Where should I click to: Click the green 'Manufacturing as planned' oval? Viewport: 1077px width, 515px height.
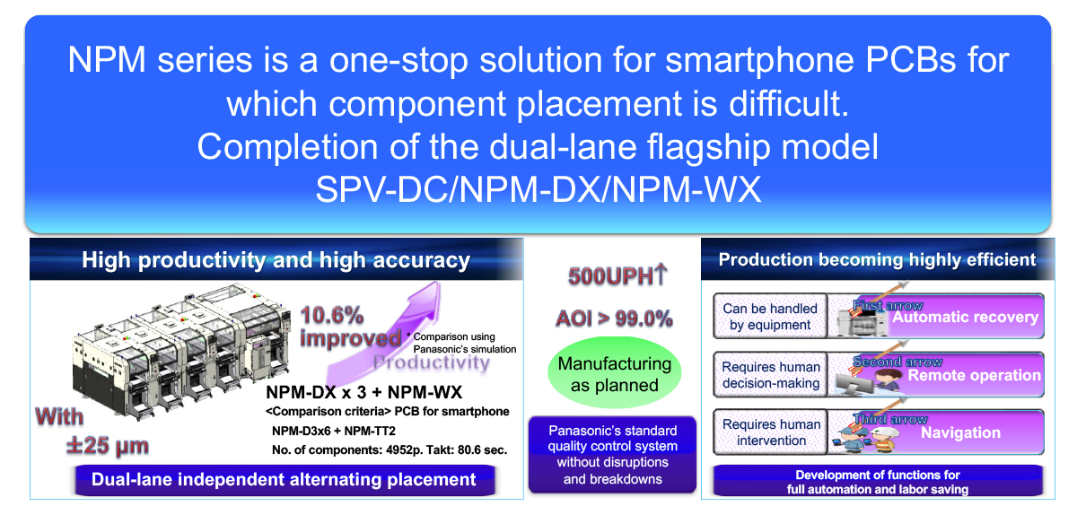[x=615, y=374]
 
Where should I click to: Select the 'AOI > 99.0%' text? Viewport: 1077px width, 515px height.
[x=614, y=318]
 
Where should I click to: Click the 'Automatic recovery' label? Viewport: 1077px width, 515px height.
[x=965, y=317]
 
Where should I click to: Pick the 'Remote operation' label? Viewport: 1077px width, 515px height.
[x=974, y=375]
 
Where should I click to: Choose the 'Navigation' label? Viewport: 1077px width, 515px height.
[x=960, y=432]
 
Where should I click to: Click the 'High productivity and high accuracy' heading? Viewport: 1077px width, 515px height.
[x=276, y=260]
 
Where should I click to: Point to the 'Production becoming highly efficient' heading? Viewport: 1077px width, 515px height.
[x=877, y=260]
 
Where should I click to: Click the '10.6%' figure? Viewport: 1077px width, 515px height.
[x=332, y=316]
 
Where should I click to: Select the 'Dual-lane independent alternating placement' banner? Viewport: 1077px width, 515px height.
[x=284, y=479]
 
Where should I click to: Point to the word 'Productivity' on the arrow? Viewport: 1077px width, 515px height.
[x=431, y=363]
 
